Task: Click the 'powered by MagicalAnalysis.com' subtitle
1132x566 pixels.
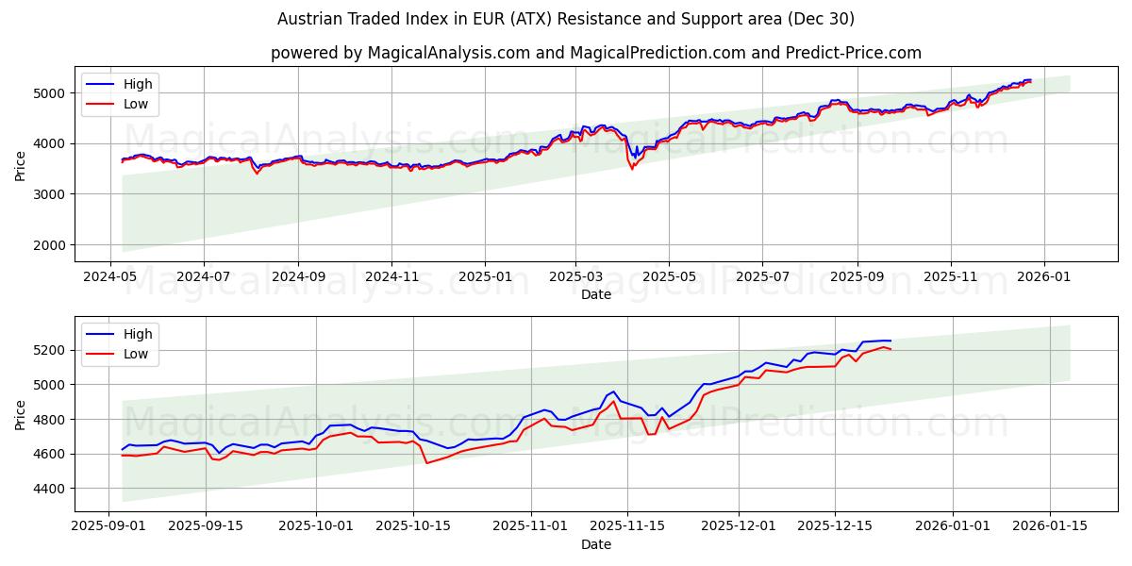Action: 595,53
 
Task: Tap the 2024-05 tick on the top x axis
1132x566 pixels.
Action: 110,277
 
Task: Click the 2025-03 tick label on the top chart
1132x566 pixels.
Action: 576,277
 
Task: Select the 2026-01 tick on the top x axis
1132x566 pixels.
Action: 1043,277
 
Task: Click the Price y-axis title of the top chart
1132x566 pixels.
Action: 21,165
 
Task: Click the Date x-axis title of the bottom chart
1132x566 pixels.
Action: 595,544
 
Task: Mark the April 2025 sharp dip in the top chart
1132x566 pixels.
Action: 632,168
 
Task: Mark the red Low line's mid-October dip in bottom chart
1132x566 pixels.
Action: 426,462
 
